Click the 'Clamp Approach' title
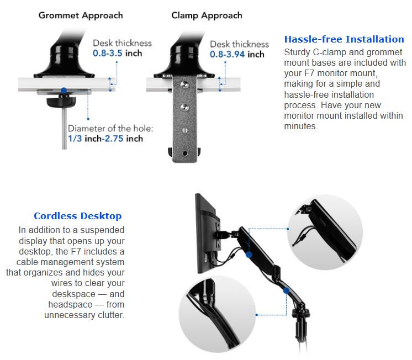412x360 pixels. click(207, 15)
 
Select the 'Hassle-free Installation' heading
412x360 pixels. click(344, 39)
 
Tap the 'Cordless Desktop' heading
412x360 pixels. click(77, 216)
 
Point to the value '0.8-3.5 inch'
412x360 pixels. click(117, 54)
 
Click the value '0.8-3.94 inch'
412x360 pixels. click(237, 55)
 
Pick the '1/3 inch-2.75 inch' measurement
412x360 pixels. click(105, 139)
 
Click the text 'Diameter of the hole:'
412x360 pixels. click(111, 129)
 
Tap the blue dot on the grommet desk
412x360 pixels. click(64, 91)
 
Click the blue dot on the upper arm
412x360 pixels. click(249, 255)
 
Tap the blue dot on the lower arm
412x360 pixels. click(286, 290)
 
